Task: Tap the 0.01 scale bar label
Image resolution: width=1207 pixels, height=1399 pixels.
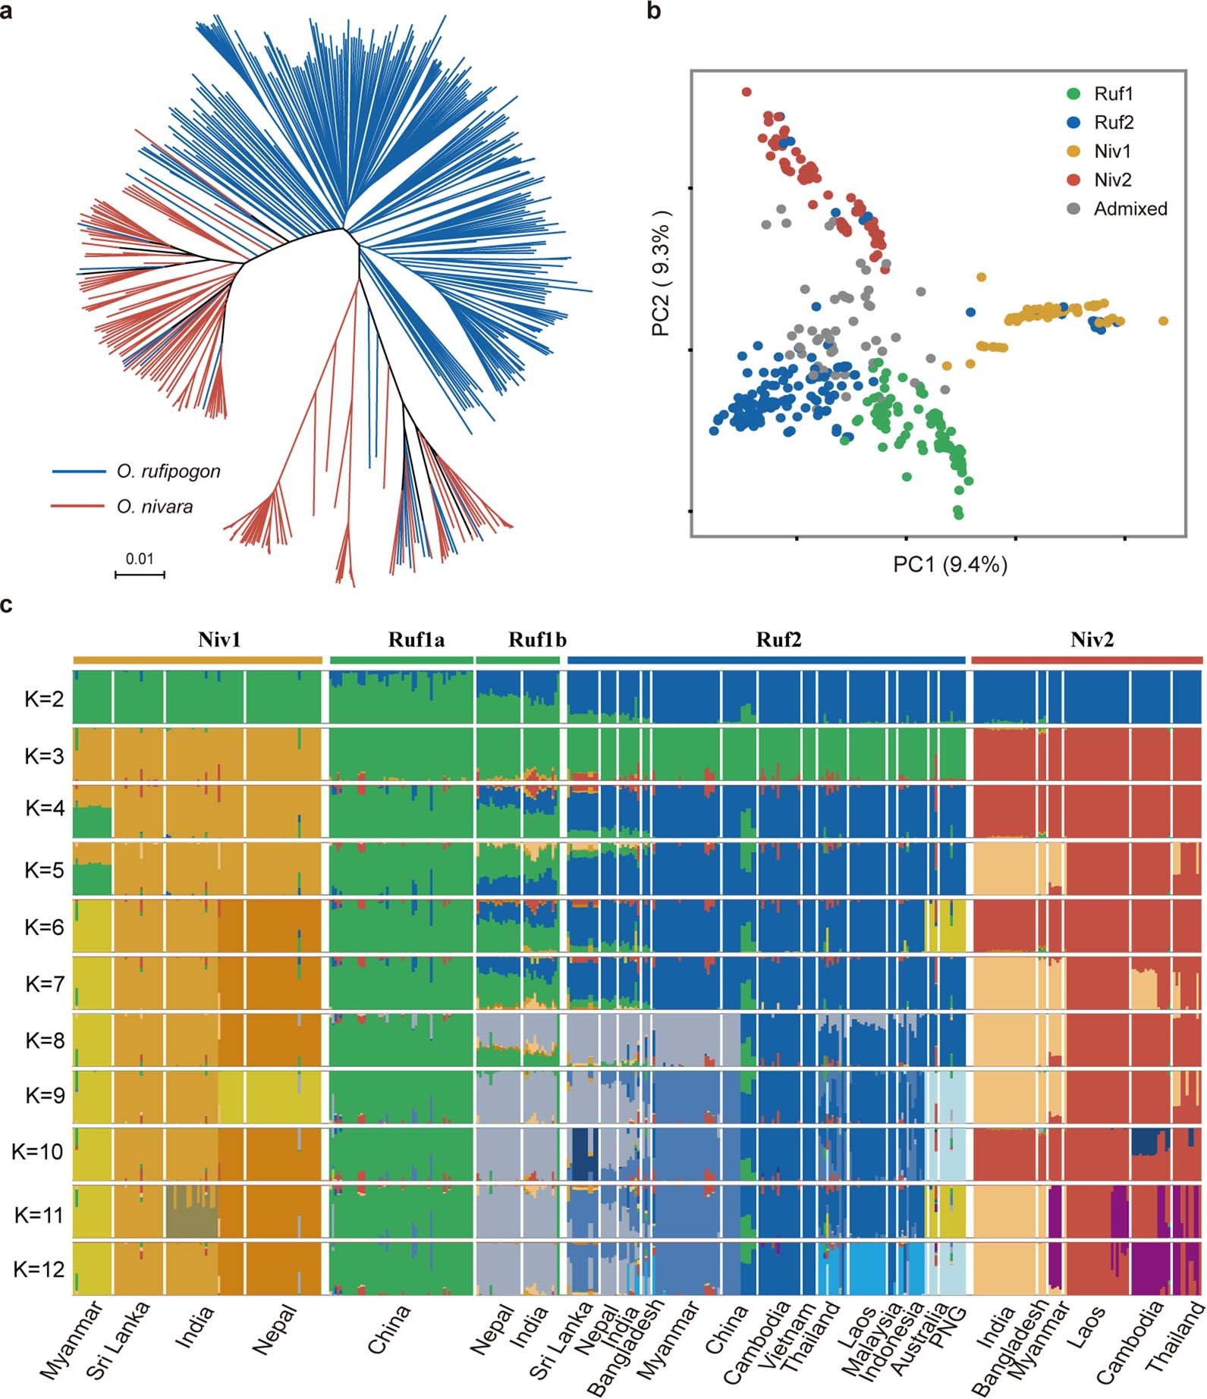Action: click(x=140, y=560)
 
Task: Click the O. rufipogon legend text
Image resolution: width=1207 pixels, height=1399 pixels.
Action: click(x=168, y=472)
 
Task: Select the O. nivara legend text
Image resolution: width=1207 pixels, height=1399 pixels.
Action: click(x=155, y=507)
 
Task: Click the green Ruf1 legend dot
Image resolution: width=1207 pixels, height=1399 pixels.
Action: click(x=1073, y=94)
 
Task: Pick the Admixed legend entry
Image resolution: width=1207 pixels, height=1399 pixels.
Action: click(x=1130, y=209)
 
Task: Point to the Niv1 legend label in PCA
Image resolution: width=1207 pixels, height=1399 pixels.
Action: click(x=1112, y=152)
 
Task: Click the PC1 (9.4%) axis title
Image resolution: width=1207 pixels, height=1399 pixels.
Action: click(x=950, y=565)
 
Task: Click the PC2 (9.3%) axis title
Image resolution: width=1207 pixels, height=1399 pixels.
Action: click(x=661, y=273)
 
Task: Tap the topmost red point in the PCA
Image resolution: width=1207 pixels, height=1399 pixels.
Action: click(x=747, y=92)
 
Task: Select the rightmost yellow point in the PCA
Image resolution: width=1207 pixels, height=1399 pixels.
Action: click(x=1163, y=322)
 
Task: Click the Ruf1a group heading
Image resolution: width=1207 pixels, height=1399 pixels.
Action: click(x=416, y=640)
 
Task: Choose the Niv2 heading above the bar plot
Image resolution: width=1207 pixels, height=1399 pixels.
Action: click(x=1092, y=640)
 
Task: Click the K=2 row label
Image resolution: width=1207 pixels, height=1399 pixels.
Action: click(x=45, y=699)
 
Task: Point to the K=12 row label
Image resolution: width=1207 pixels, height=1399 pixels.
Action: click(x=39, y=1269)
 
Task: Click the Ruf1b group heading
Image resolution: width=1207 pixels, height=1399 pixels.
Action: click(x=537, y=640)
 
